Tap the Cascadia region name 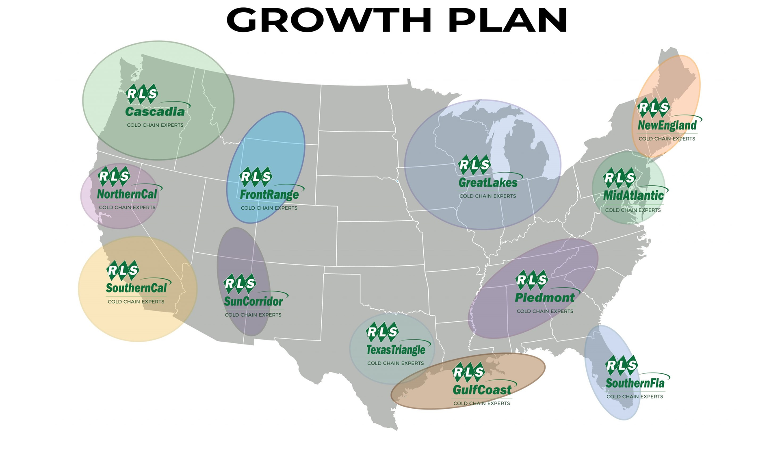(x=155, y=112)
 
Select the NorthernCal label (x=127, y=194)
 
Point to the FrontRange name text (x=269, y=195)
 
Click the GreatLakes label (x=487, y=183)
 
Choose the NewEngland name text (x=667, y=125)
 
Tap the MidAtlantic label (x=633, y=196)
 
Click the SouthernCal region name (x=136, y=288)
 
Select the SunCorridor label (x=253, y=301)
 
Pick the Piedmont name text (x=544, y=298)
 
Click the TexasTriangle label (x=396, y=350)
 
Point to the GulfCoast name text (x=482, y=390)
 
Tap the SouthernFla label (x=635, y=383)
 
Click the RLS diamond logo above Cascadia (x=142, y=94)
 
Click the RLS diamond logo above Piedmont (x=531, y=280)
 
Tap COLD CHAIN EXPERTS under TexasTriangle (x=395, y=363)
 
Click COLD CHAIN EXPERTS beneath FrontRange (x=269, y=208)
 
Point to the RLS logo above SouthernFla (x=622, y=365)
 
